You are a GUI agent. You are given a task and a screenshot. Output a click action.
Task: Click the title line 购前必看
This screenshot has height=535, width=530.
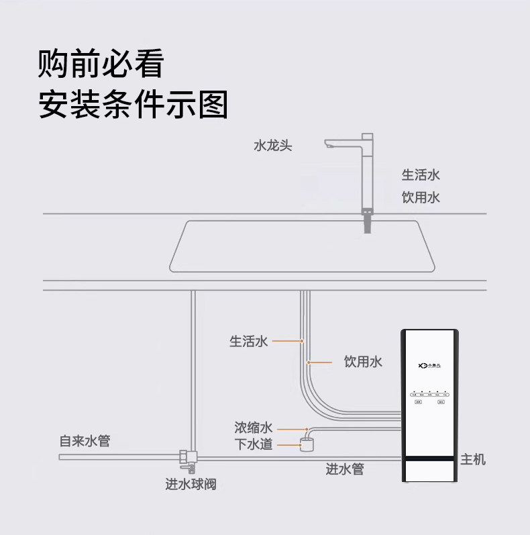tap(101, 64)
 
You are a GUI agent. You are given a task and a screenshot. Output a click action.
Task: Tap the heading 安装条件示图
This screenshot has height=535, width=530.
tap(134, 105)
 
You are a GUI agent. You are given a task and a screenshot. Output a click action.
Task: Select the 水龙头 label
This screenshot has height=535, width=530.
tap(272, 145)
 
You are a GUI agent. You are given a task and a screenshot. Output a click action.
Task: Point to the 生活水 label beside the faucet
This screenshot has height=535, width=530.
tap(421, 175)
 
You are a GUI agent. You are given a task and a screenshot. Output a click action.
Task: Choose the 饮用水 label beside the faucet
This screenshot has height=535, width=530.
tap(421, 198)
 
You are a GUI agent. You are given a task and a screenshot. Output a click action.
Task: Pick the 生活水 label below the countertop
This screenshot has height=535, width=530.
tap(248, 342)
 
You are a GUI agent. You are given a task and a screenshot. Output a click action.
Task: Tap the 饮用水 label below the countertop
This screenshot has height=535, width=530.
tap(363, 362)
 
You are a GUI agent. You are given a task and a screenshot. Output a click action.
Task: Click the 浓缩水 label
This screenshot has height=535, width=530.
tap(253, 428)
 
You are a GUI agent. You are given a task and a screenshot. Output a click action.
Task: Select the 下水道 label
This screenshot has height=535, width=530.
tap(253, 444)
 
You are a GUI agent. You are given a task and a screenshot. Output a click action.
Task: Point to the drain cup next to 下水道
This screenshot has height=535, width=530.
tap(308, 444)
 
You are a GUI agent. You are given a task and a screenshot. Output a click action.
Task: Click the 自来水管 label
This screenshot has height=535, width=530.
tap(85, 441)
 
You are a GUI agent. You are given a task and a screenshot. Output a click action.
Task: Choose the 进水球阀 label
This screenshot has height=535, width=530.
tap(191, 484)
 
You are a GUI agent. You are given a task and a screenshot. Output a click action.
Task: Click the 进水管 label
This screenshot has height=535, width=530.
tap(345, 469)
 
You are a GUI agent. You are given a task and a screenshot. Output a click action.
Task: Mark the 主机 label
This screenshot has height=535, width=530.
tap(473, 459)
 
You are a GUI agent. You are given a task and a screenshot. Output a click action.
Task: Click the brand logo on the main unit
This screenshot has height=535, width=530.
tap(429, 367)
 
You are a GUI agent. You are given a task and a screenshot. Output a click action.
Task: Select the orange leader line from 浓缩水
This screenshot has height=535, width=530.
tap(290, 428)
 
